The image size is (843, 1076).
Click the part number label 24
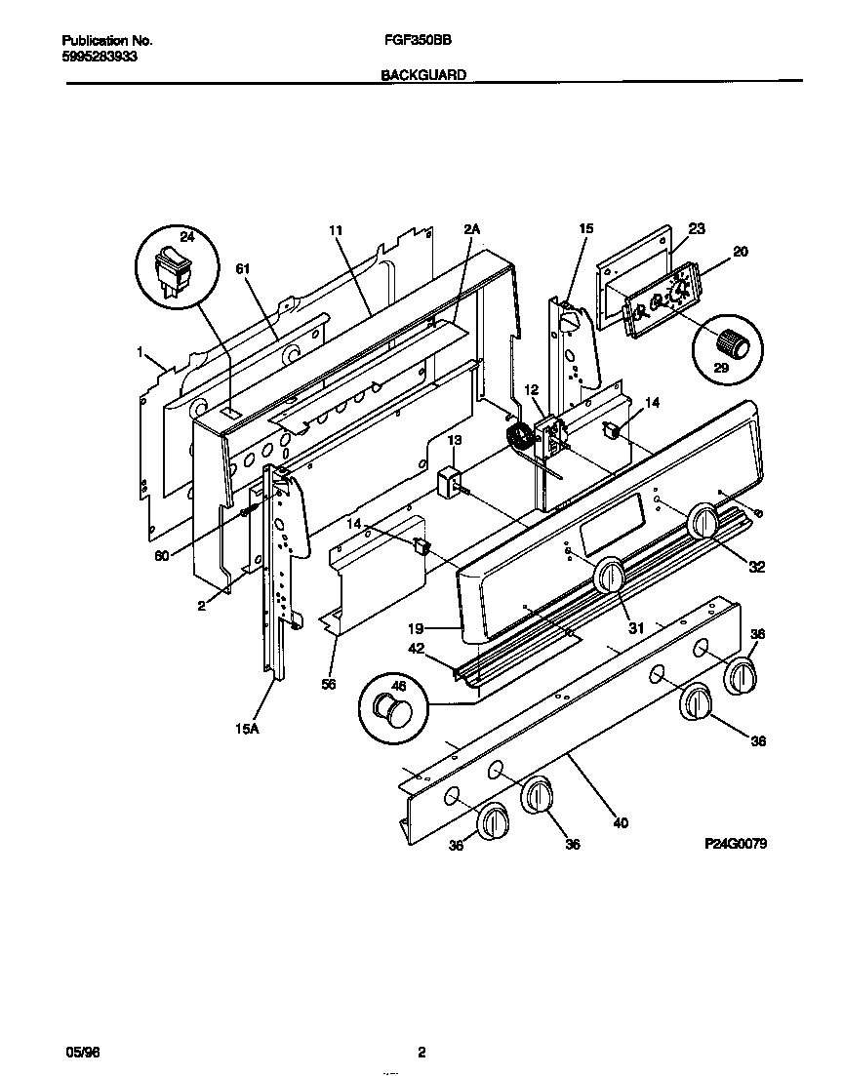pos(188,236)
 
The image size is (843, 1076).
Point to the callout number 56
pos(328,685)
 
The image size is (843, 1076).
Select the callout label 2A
pos(472,229)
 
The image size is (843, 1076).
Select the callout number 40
pos(621,822)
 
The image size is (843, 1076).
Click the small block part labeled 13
pos(451,483)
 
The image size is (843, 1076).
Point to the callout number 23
pos(696,229)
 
